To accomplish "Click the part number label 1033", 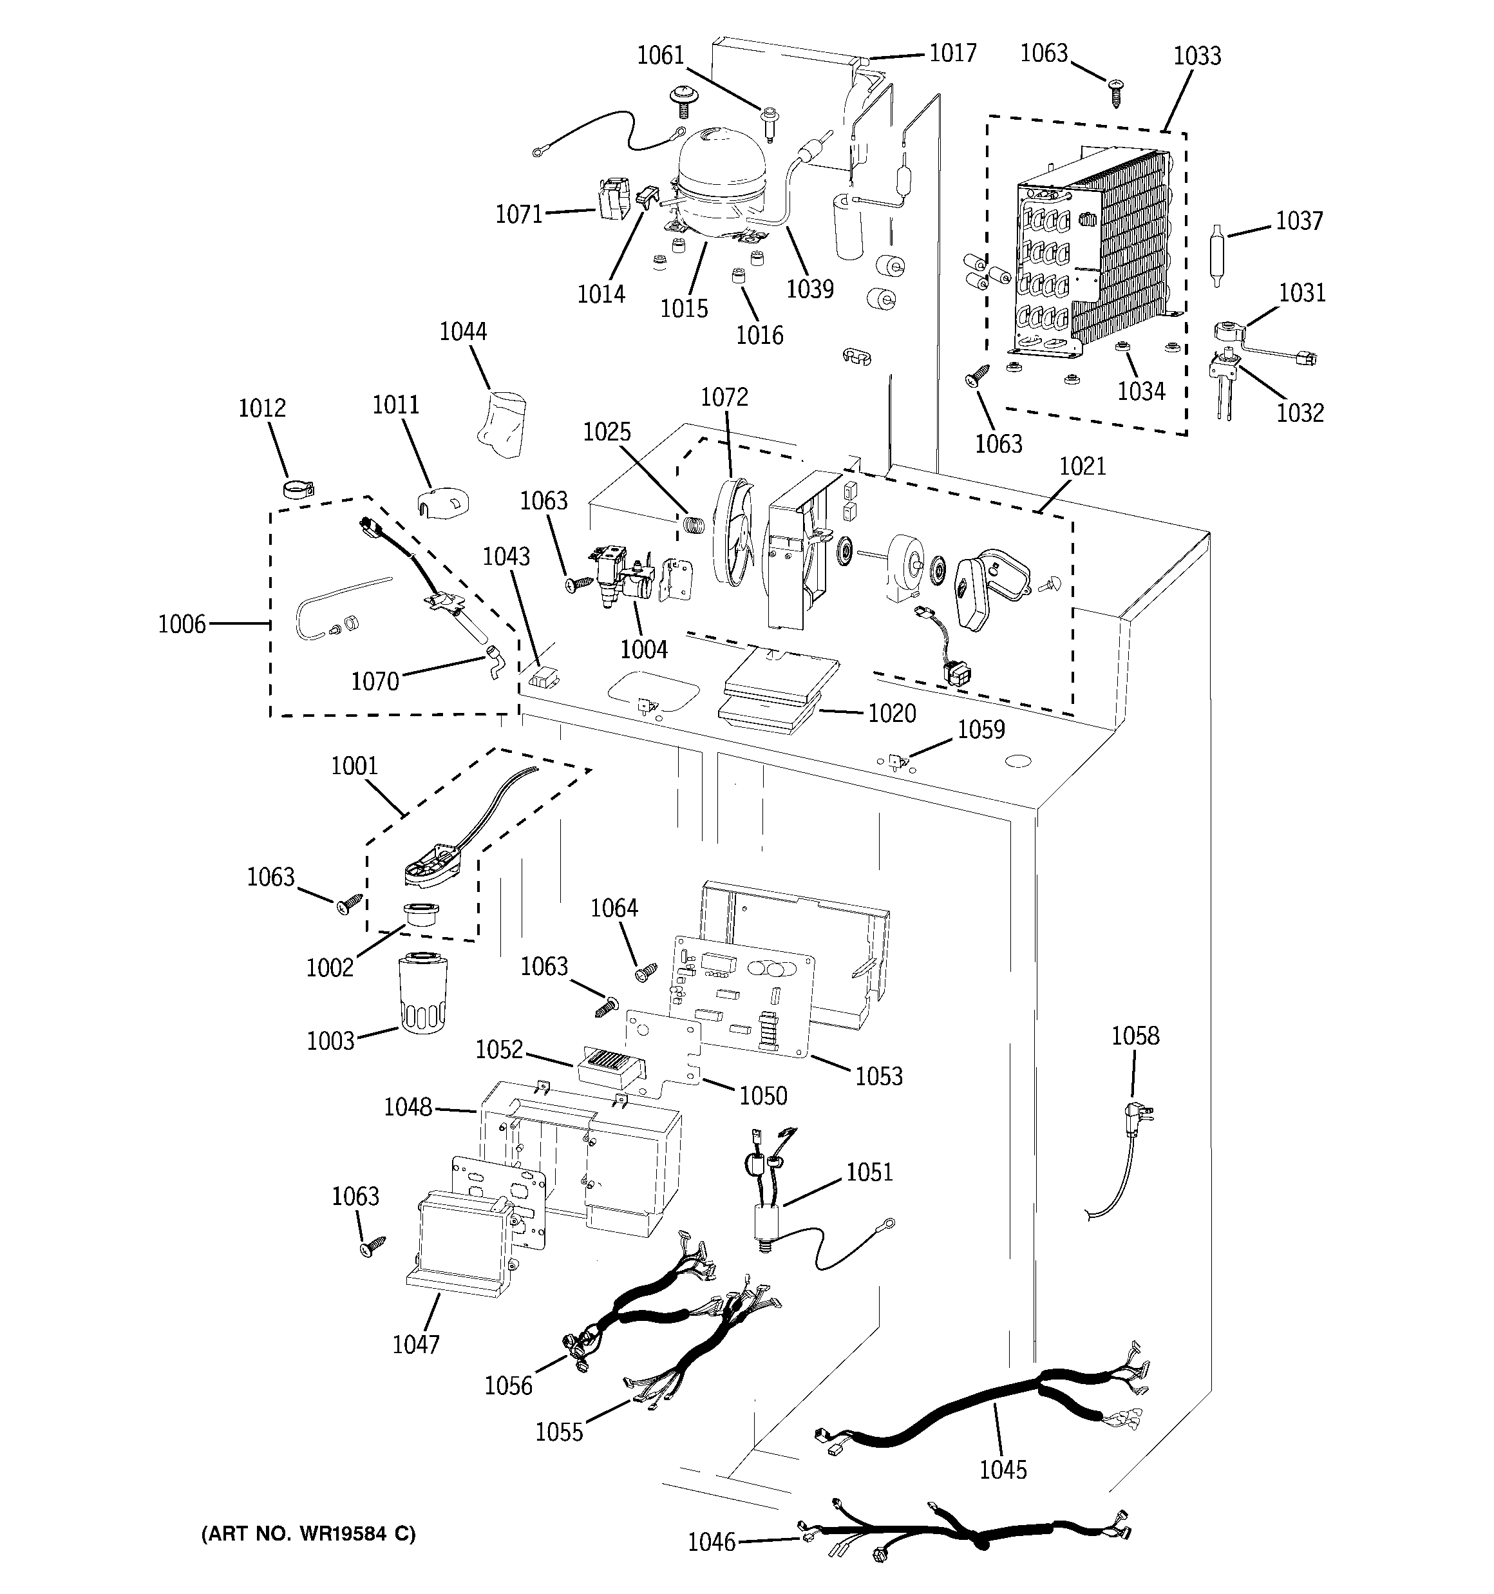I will pos(1196,56).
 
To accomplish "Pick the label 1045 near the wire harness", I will pos(1003,1470).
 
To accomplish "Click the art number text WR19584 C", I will pos(308,1534).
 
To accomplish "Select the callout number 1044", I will pos(463,331).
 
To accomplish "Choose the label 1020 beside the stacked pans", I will pos(892,713).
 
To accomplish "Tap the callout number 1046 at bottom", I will pos(712,1541).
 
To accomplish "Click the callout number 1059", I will pos(981,729).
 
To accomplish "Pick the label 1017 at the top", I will pos(952,53).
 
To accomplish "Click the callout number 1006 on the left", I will pos(182,624).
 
